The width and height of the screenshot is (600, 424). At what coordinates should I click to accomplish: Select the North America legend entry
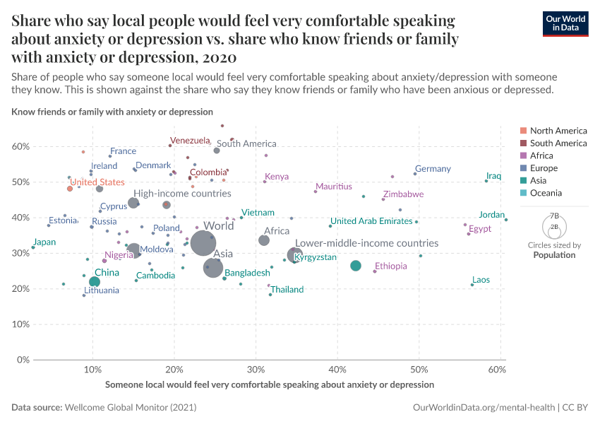click(558, 131)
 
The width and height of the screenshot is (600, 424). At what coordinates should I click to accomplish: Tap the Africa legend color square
click(523, 155)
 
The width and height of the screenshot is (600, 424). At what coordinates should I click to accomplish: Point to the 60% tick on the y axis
click(20, 146)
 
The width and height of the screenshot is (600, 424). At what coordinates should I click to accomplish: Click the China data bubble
click(95, 282)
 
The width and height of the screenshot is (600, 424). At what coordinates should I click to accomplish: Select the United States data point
click(70, 189)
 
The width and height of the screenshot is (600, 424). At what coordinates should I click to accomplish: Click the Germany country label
click(433, 169)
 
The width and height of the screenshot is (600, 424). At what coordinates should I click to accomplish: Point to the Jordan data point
click(506, 220)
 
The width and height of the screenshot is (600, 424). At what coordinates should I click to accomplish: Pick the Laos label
click(481, 280)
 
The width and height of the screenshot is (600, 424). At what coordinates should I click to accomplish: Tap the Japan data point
click(33, 247)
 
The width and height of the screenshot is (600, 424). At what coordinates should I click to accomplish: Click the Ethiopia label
click(391, 266)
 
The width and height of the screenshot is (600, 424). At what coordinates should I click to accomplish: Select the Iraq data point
click(486, 181)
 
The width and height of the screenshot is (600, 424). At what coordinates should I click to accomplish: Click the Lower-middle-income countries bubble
click(295, 255)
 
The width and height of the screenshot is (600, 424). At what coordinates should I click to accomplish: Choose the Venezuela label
click(191, 140)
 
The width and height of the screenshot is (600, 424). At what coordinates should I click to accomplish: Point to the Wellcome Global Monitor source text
click(131, 408)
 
